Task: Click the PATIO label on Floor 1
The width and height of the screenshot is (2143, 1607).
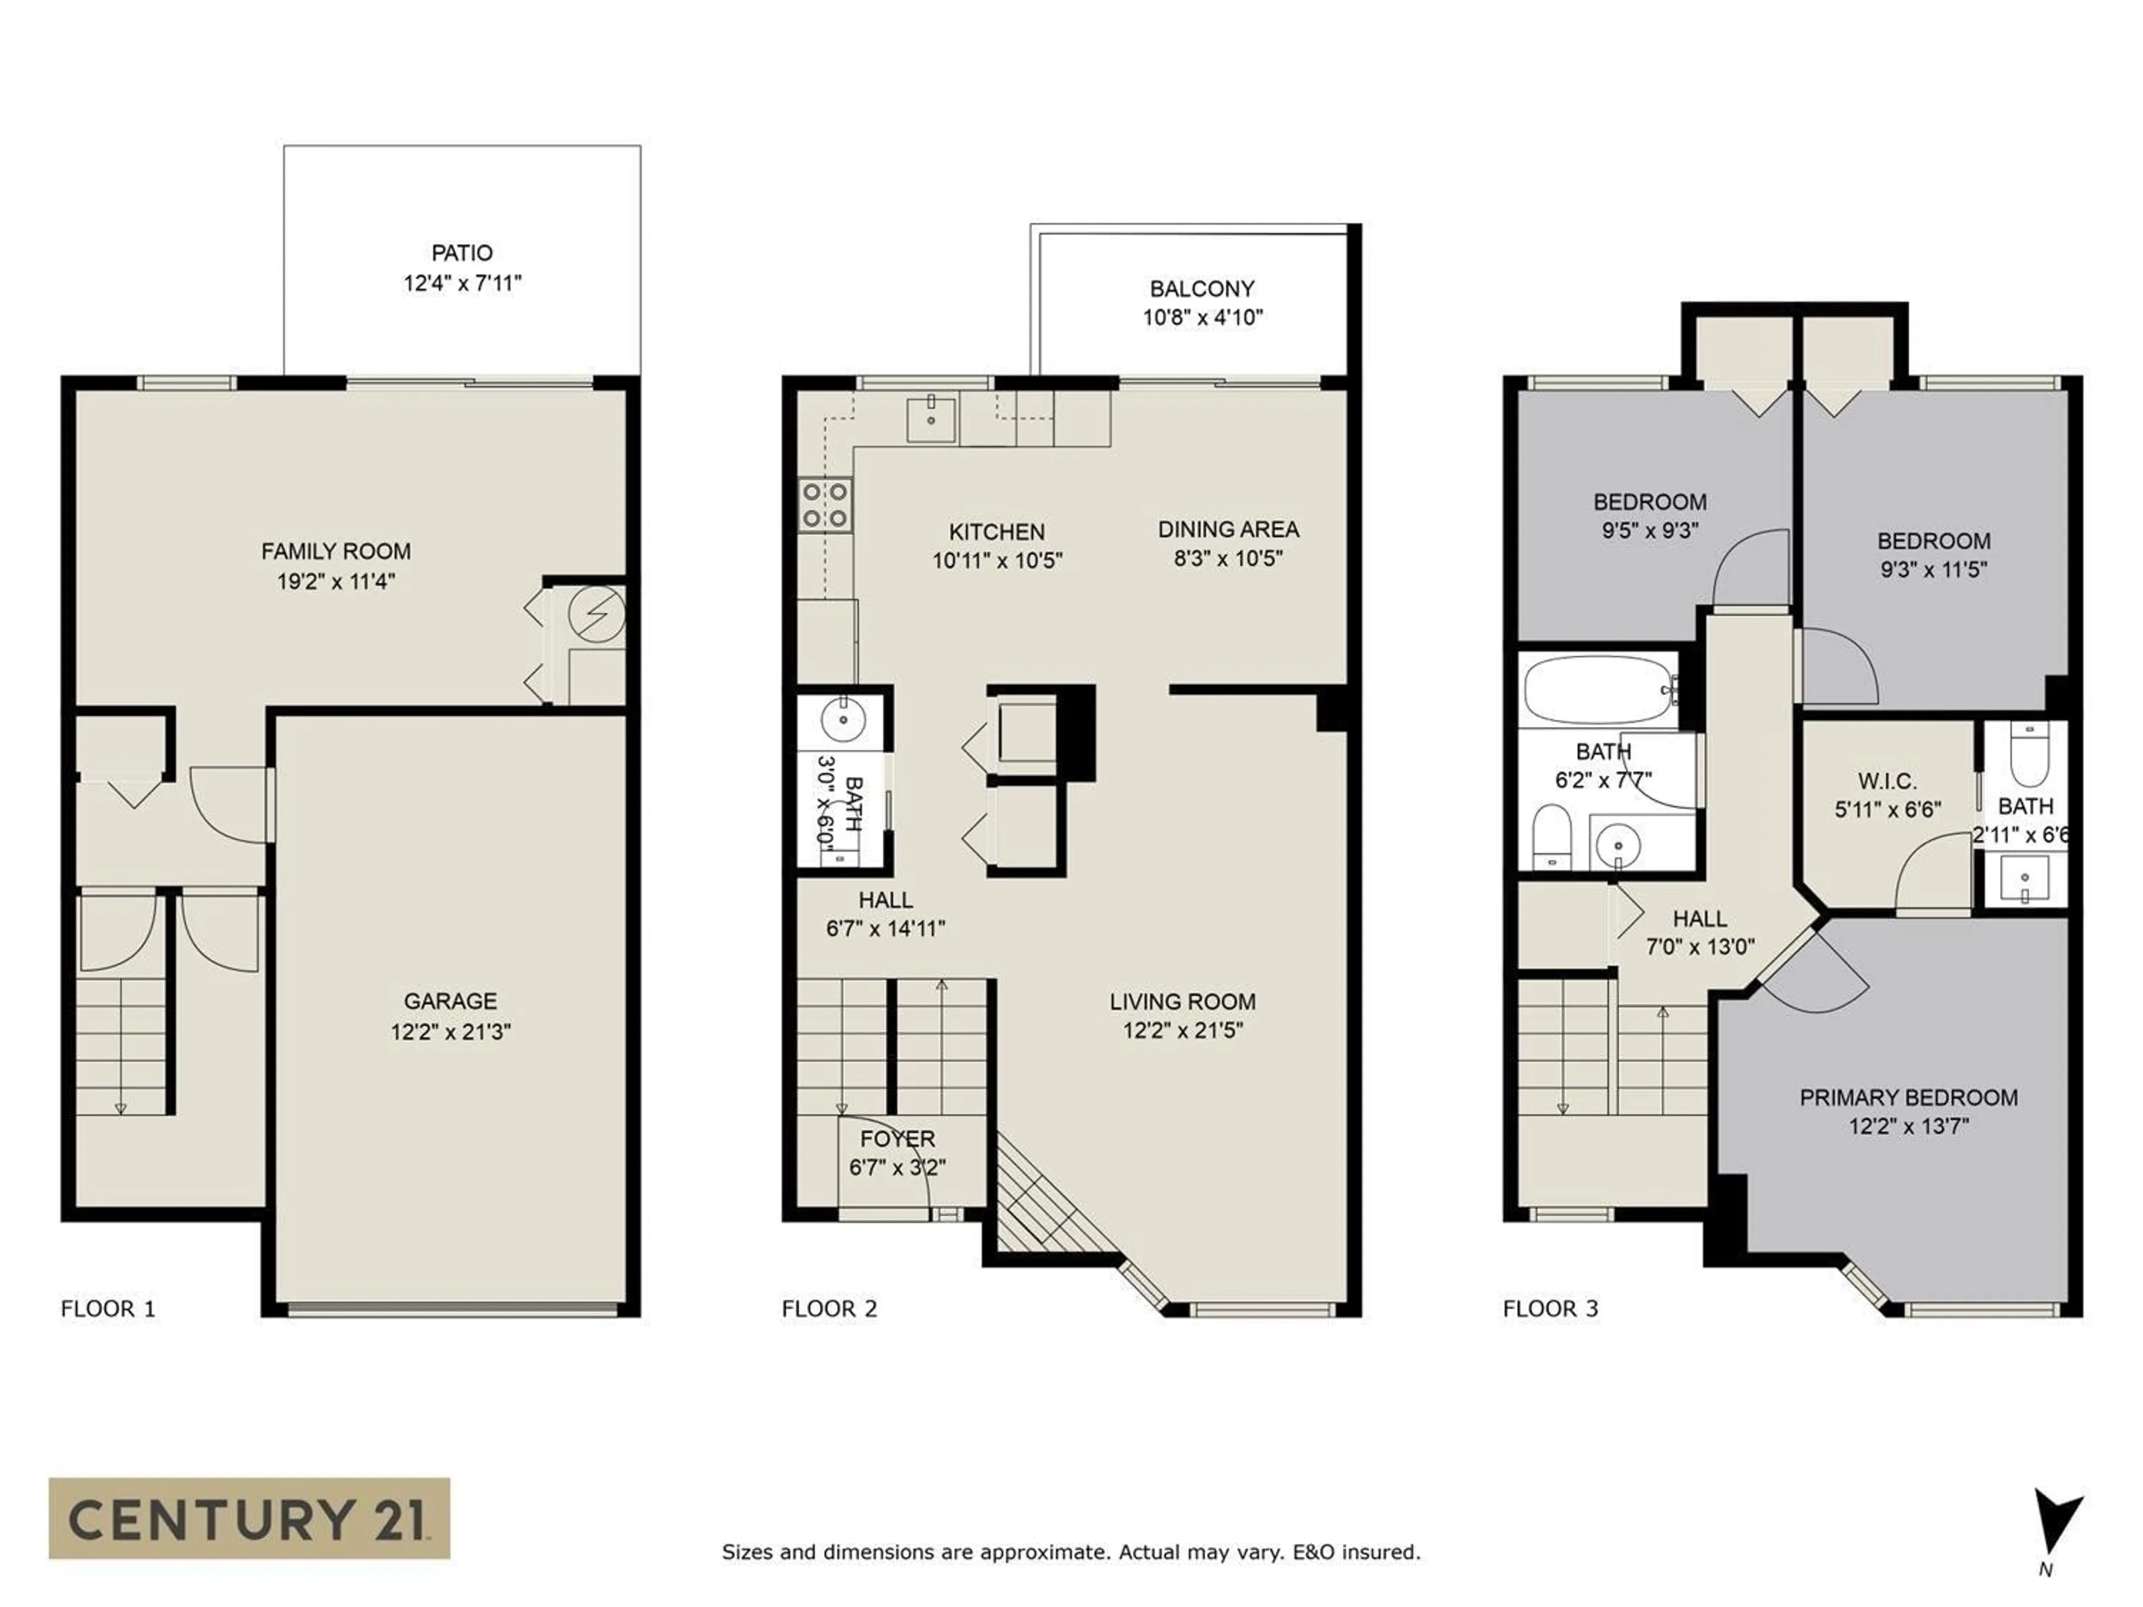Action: (462, 253)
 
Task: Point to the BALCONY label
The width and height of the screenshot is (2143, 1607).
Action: (1202, 288)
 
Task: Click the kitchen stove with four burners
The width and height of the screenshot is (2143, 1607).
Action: (825, 506)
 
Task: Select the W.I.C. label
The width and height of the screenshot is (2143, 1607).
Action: (1887, 781)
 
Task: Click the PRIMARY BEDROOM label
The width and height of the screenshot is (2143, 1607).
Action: (1909, 1098)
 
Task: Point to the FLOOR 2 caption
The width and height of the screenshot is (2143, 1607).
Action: (829, 1308)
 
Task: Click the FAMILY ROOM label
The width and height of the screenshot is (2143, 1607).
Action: (336, 551)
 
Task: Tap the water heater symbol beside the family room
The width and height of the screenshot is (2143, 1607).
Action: (596, 614)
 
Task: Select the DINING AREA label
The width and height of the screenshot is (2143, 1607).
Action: (1228, 529)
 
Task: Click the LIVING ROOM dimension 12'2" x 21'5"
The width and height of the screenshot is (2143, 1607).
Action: (1183, 1029)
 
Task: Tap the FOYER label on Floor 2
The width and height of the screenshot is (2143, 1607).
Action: (897, 1139)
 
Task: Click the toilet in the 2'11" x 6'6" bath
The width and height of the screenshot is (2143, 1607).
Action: (2029, 754)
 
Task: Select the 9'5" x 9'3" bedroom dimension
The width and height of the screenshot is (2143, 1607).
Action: (1650, 530)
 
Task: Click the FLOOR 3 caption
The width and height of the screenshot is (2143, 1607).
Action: (1550, 1308)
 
